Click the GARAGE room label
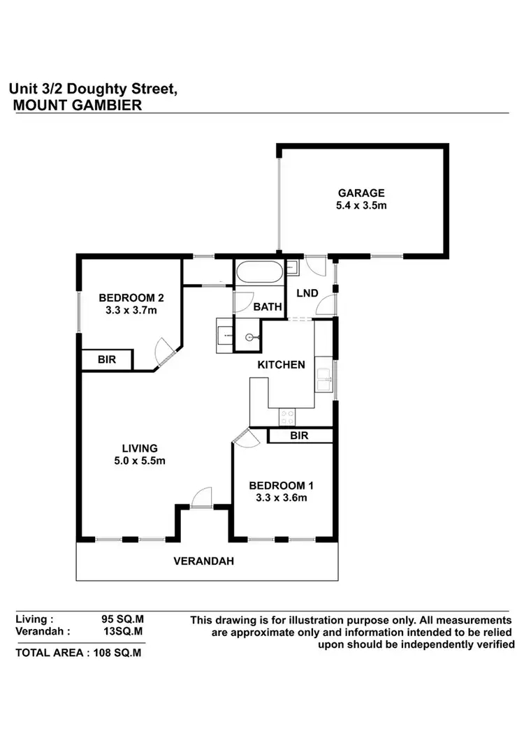361,193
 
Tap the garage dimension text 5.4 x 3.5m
361,206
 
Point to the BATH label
268,306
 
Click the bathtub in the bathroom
259,272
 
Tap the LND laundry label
307,293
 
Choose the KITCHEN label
282,364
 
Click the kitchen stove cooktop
286,417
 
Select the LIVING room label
140,447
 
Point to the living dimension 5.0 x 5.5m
140,460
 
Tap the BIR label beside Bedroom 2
106,360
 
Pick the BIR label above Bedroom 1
300,436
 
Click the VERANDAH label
203,561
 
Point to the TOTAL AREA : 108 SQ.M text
78,653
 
